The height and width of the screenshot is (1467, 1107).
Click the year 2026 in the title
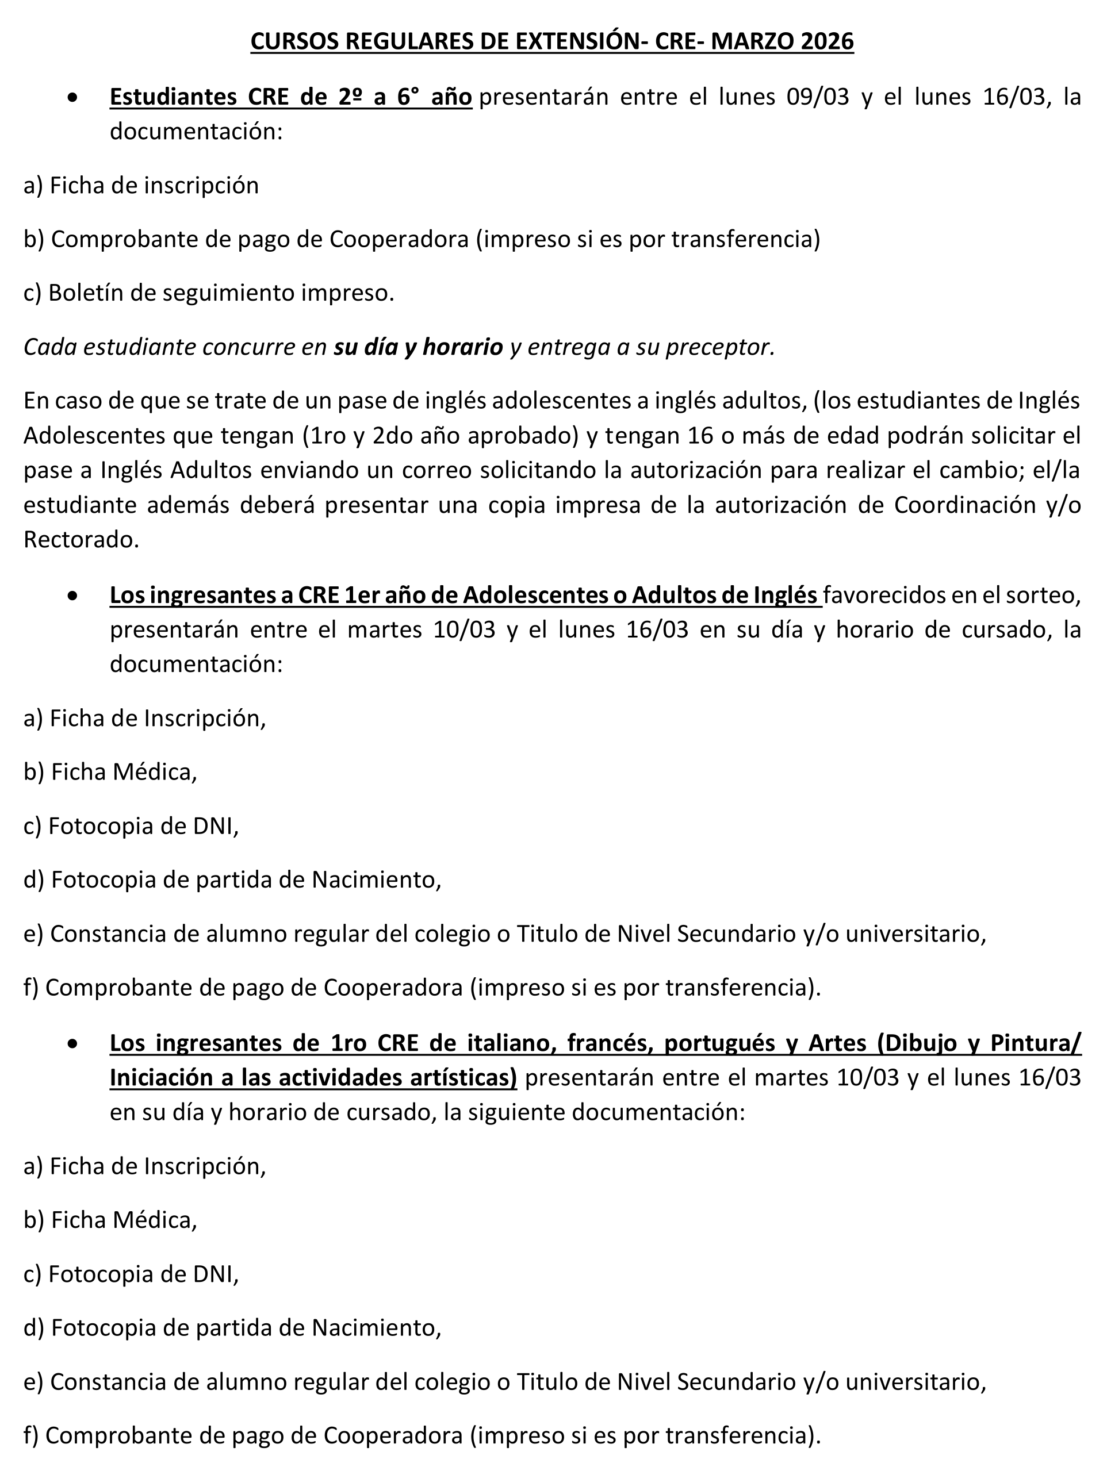pos(827,42)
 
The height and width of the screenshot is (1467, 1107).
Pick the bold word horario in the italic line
pos(462,347)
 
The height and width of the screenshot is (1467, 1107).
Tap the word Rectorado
pos(82,539)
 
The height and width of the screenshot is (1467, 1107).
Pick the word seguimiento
pos(229,293)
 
